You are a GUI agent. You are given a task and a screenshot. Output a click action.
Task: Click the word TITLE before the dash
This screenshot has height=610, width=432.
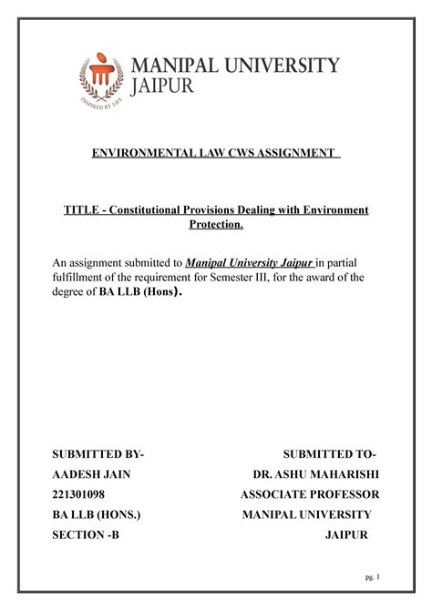[x=78, y=210]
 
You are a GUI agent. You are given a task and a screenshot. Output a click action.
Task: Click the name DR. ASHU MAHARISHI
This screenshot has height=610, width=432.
[x=315, y=474]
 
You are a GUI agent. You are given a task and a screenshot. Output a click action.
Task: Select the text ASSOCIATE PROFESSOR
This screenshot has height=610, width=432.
[x=310, y=495]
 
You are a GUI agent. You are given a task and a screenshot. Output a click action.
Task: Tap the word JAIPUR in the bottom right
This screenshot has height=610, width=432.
[x=347, y=535]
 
